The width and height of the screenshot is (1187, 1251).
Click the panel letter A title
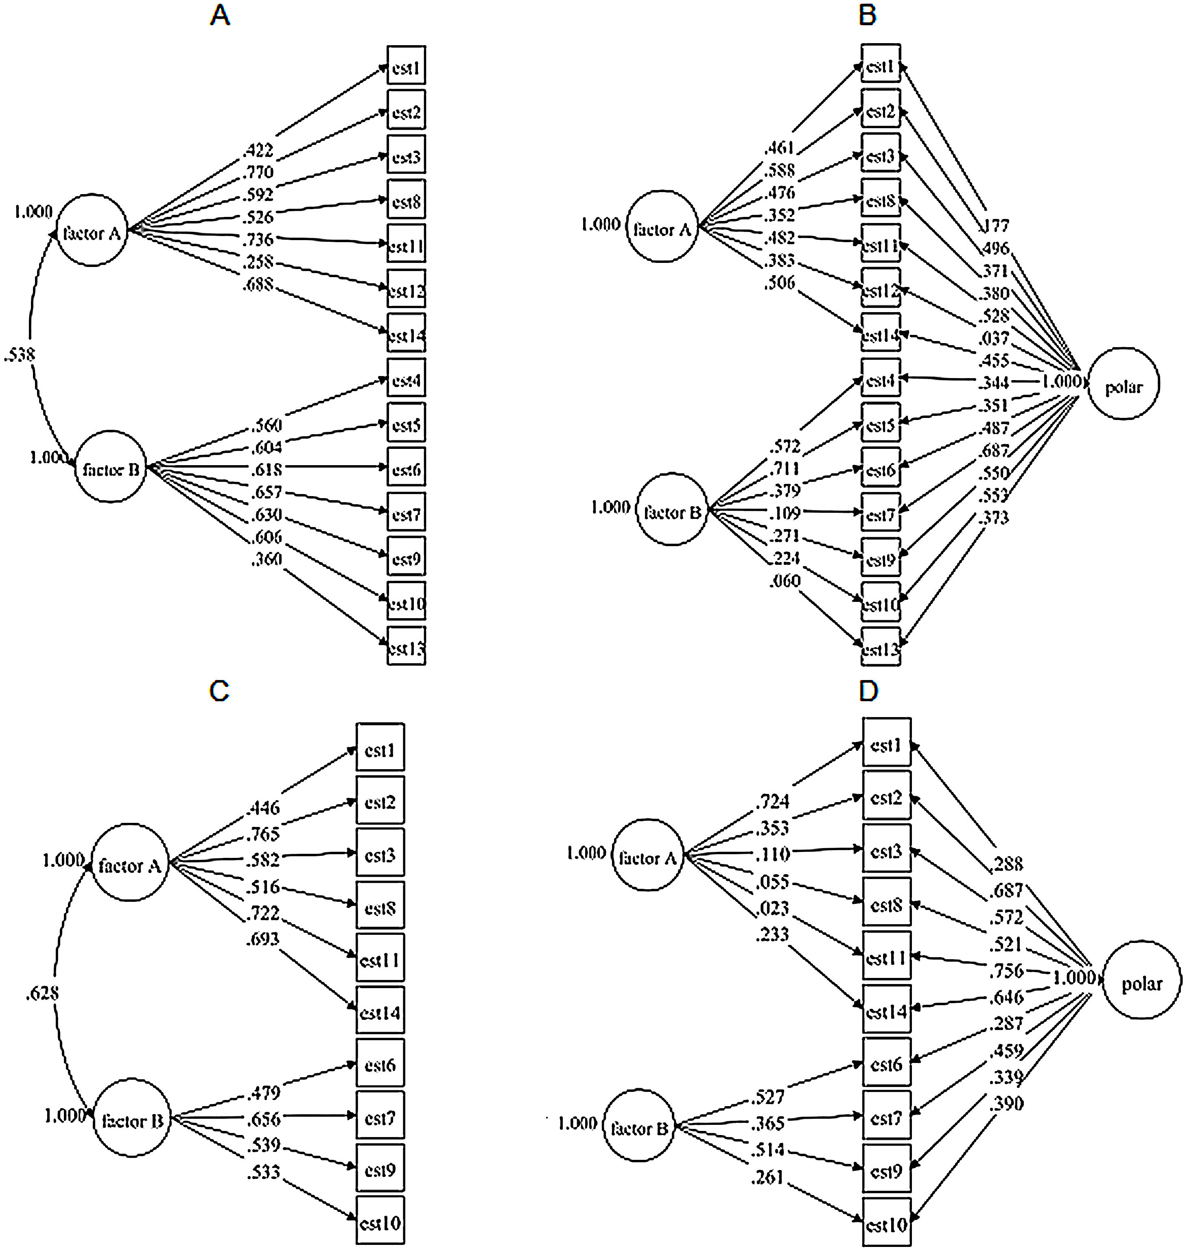(x=220, y=15)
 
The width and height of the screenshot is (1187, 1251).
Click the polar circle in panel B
(x=1124, y=383)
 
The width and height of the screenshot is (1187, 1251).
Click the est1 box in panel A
(x=406, y=65)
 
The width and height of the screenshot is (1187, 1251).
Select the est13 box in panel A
(x=406, y=646)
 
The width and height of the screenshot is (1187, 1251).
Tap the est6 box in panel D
(x=886, y=1064)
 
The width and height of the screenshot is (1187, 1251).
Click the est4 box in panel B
(x=881, y=380)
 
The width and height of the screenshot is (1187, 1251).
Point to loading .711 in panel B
(x=785, y=469)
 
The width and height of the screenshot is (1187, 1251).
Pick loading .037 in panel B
(x=994, y=338)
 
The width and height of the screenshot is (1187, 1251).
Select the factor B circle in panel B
(x=671, y=510)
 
